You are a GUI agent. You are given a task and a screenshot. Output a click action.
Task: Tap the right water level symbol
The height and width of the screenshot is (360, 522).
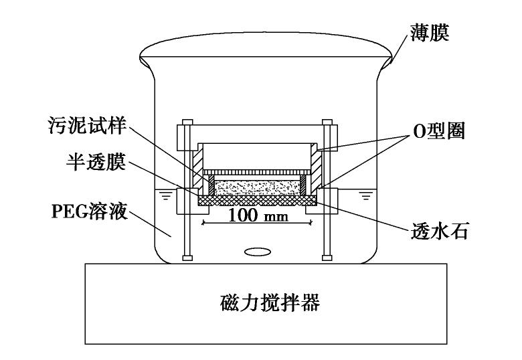click(364, 195)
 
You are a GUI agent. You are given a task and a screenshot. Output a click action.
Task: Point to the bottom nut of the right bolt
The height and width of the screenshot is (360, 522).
click(327, 257)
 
